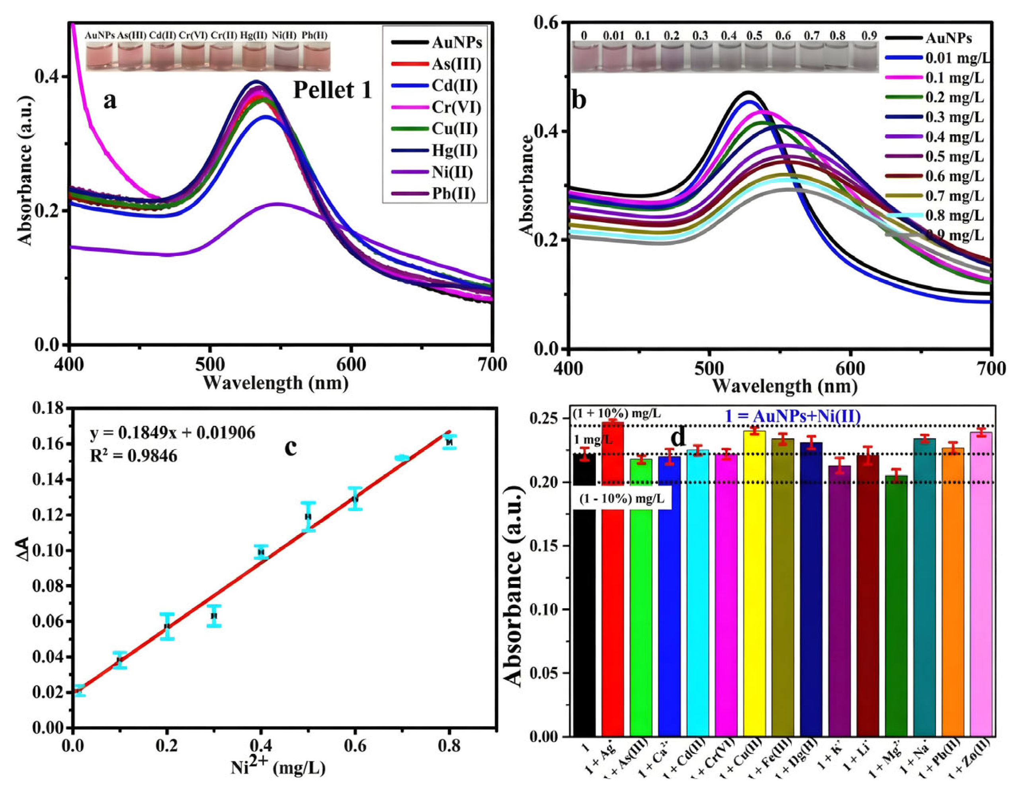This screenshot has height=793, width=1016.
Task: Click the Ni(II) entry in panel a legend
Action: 451,172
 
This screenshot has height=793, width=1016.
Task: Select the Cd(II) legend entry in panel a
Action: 454,86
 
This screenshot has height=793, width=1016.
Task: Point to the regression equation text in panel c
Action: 172,433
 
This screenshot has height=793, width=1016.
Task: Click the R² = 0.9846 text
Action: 133,456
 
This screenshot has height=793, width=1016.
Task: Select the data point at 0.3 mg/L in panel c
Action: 214,616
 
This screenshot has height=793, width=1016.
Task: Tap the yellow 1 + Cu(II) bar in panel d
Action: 754,581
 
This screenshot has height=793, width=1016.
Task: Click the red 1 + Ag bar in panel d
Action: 613,581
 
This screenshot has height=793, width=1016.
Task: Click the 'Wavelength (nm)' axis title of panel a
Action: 275,383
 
